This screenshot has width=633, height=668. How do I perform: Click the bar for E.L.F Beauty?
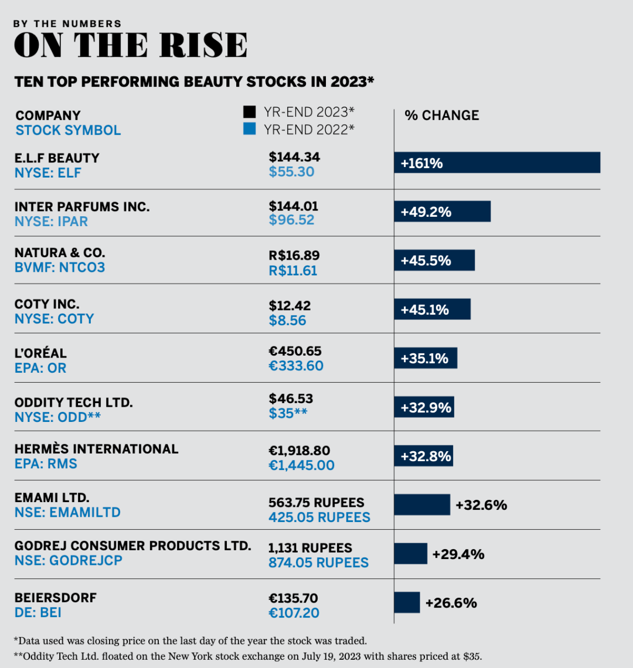pyautogui.click(x=497, y=162)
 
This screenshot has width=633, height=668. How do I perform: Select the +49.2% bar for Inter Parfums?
pyautogui.click(x=442, y=212)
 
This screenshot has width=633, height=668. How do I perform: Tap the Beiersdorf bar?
pyautogui.click(x=407, y=602)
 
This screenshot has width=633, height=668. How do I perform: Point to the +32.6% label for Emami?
pyautogui.click(x=481, y=505)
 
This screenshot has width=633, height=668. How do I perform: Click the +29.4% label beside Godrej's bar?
pyautogui.click(x=458, y=554)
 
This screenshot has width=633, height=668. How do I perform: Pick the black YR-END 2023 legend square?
pyautogui.click(x=250, y=112)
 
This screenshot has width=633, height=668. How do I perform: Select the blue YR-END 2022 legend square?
pyautogui.click(x=250, y=129)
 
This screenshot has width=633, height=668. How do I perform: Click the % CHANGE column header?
pyautogui.click(x=441, y=115)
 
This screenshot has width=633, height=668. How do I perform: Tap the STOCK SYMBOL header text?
pyautogui.click(x=68, y=130)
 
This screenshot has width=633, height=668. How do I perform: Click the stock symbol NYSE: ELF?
pyautogui.click(x=48, y=173)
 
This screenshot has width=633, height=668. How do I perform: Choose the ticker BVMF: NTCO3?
pyautogui.click(x=60, y=268)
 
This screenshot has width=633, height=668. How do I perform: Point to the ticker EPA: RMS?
pyautogui.click(x=46, y=464)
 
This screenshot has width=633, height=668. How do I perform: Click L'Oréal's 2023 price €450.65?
pyautogui.click(x=295, y=352)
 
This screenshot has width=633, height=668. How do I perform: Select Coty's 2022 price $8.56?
pyautogui.click(x=287, y=321)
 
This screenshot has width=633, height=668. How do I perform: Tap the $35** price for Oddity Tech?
pyautogui.click(x=288, y=413)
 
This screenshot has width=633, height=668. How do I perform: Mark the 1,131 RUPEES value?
pyautogui.click(x=310, y=548)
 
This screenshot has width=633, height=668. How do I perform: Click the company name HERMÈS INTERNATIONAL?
pyautogui.click(x=96, y=449)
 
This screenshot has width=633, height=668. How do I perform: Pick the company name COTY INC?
pyautogui.click(x=47, y=304)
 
